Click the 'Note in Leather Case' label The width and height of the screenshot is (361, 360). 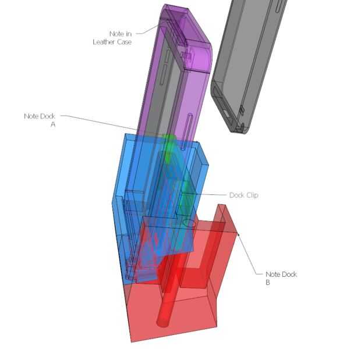coord(112,38)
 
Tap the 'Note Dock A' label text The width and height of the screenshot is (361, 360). coord(40,120)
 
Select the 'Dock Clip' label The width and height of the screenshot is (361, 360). coord(244,195)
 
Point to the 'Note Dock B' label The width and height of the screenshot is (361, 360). coord(281,278)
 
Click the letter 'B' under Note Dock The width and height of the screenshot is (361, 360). coord(267,282)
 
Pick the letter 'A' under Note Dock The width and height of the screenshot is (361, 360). coord(53,124)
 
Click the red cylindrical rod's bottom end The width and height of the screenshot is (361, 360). coord(163,322)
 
